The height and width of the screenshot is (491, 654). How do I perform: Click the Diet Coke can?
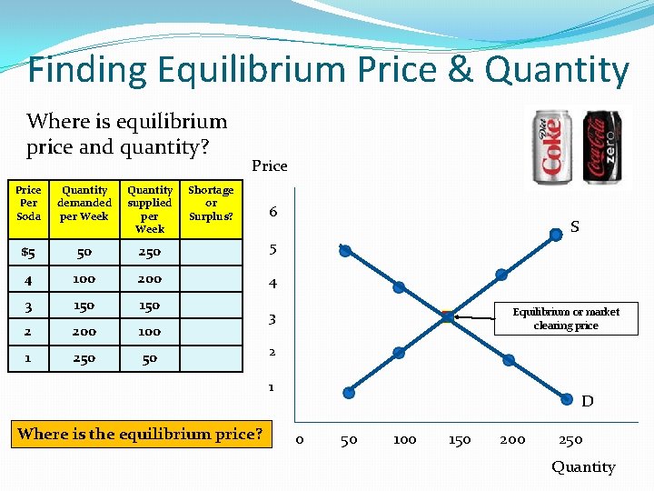pyautogui.click(x=552, y=147)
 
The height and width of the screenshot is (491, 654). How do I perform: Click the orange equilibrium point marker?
pyautogui.click(x=447, y=316)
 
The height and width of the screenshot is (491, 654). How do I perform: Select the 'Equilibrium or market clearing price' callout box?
pyautogui.click(x=565, y=318)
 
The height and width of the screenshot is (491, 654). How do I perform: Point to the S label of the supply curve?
pyautogui.click(x=574, y=226)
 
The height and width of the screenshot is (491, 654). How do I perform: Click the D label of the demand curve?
pyautogui.click(x=587, y=401)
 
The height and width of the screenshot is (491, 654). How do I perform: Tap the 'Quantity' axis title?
pyautogui.click(x=583, y=466)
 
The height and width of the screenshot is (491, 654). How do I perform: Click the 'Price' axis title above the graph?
pyautogui.click(x=269, y=165)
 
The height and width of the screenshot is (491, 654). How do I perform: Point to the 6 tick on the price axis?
pyautogui.click(x=273, y=212)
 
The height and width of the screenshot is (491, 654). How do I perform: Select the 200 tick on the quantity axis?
pyautogui.click(x=512, y=440)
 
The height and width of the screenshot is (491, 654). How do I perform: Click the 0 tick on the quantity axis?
pyautogui.click(x=301, y=440)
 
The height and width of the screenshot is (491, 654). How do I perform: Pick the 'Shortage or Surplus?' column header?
pyautogui.click(x=211, y=203)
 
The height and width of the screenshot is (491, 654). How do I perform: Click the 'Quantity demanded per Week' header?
pyautogui.click(x=84, y=203)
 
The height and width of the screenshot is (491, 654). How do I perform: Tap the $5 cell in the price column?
pyautogui.click(x=28, y=252)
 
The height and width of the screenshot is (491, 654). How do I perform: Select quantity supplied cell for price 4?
pyautogui.click(x=149, y=278)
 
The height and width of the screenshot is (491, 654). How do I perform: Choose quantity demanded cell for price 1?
pyautogui.click(x=84, y=358)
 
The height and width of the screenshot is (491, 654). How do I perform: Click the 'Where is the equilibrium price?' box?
pyautogui.click(x=141, y=434)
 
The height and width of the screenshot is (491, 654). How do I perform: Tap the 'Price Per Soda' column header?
pyautogui.click(x=28, y=203)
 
